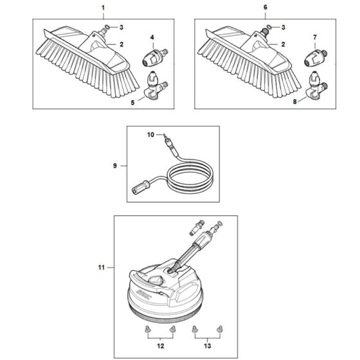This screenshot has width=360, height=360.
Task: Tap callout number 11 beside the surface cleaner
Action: coord(100,266)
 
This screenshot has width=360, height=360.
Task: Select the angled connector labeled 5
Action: coord(154,85)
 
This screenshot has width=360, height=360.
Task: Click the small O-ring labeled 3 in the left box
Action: coord(108,28)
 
